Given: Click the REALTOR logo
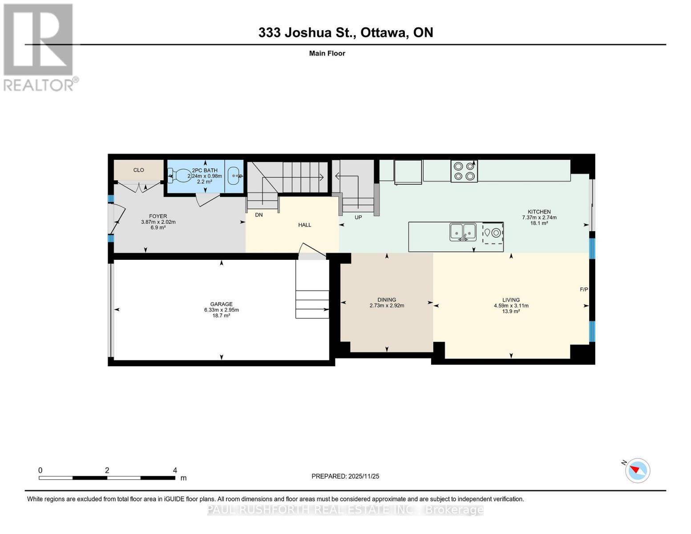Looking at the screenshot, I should coord(39,47).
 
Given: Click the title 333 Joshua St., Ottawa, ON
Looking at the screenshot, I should coord(345,32).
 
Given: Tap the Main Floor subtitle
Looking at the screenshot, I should coord(327,53).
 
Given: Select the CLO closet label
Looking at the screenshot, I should coord(138,170).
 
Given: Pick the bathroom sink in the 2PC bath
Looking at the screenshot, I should coord(234,176).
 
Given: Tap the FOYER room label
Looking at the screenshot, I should coord(158,216).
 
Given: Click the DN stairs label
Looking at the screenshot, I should coord(259,215).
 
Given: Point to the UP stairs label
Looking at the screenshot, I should coord(358,218).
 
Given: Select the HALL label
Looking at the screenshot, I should coord(305,225).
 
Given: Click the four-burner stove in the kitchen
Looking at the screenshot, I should coord(464,171).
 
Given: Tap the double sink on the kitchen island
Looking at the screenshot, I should coord(463,232).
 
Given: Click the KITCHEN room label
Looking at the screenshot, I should coord(539,212).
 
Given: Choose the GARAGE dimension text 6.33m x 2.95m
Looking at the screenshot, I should coord(221,310).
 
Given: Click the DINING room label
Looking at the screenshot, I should coord(387,300).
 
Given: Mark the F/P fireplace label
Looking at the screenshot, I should coord(584,290).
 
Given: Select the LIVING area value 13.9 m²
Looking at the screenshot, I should coord(511,311).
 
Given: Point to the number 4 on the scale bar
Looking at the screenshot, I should coord(175,470).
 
